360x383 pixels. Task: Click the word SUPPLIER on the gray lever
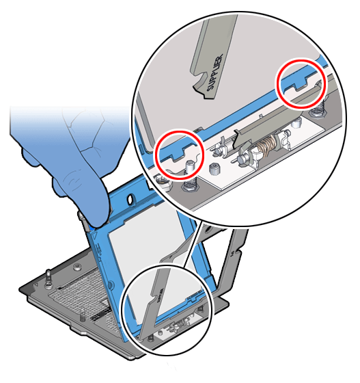coord(217,65)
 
